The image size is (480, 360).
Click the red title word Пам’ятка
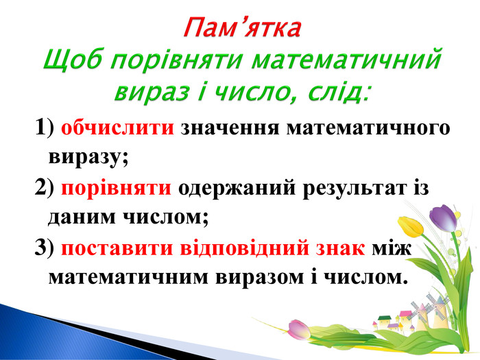pos(242,28)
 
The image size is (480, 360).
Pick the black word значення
pos(230,129)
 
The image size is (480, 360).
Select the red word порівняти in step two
pos(116,189)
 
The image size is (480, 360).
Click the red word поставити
pos(117,248)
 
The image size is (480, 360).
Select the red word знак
pos(340,248)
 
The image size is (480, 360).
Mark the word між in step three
pos(392,248)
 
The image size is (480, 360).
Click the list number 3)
pos(44,248)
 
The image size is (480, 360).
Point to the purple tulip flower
pos(443,218)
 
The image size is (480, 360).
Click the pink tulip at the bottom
pos(299,329)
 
